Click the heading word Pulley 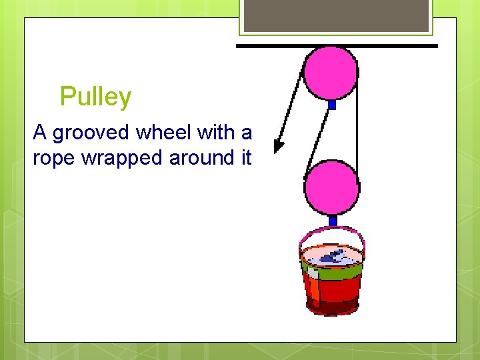coord(95,97)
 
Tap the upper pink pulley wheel coord(330,72)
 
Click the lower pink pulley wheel coord(331,187)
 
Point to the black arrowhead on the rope coord(279,145)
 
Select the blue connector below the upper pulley coord(332,105)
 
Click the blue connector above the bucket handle coord(332,221)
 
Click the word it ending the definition coord(246,158)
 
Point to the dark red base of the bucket coord(332,308)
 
